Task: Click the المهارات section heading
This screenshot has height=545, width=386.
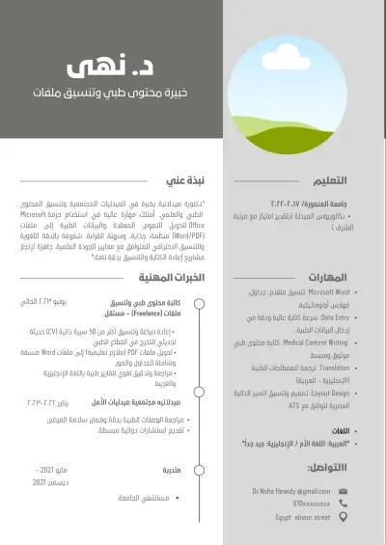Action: pyautogui.click(x=327, y=276)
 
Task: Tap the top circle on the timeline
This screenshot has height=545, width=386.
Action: pyautogui.click(x=199, y=303)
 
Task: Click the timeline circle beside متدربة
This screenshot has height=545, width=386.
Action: pyautogui.click(x=199, y=470)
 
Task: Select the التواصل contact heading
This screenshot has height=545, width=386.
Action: pyautogui.click(x=328, y=467)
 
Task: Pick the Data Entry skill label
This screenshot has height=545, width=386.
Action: pyautogui.click(x=336, y=316)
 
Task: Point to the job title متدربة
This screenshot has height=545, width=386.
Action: pyautogui.click(x=172, y=470)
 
